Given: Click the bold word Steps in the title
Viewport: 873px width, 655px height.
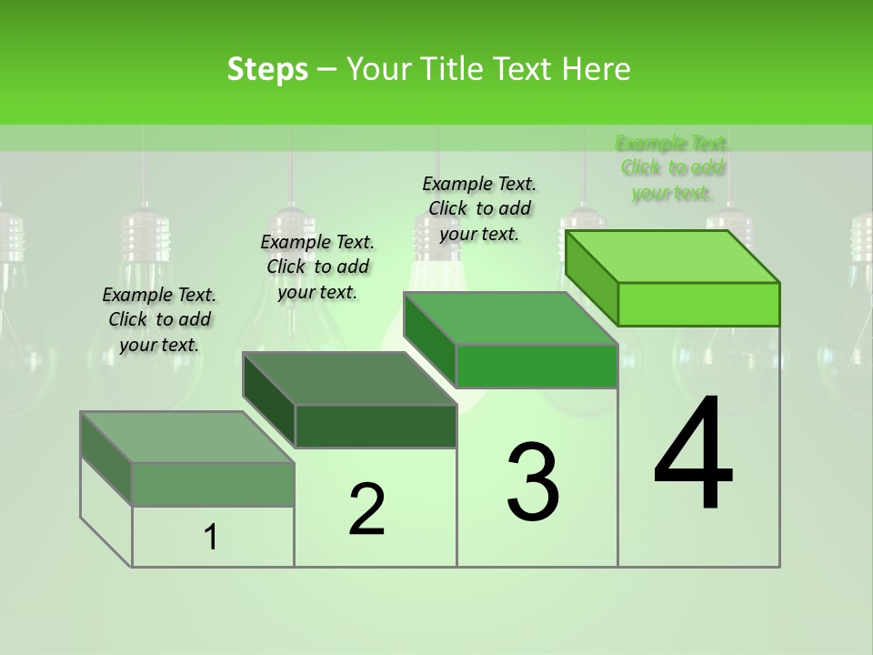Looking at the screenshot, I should coord(267,69).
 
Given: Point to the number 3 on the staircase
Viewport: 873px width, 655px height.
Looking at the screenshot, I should coord(532,482).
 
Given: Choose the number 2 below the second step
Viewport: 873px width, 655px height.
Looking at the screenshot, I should coord(366,509).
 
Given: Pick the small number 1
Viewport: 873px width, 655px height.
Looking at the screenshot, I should coord(211,539).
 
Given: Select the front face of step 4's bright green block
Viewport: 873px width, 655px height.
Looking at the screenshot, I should coord(698,304).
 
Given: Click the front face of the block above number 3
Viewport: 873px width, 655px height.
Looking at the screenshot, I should coord(537,366).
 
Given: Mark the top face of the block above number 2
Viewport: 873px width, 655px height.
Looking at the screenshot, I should coord(350,378).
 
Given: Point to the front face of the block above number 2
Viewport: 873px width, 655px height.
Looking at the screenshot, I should coord(376,426).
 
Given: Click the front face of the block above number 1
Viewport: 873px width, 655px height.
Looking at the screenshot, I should coord(213,484).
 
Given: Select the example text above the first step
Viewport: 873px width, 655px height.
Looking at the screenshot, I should coord(159,319).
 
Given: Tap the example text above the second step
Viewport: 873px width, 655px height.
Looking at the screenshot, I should coord(317,267).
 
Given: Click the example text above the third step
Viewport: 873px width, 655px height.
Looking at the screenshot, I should coord(479,208).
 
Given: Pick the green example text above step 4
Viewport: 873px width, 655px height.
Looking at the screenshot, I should coord(673,167).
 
